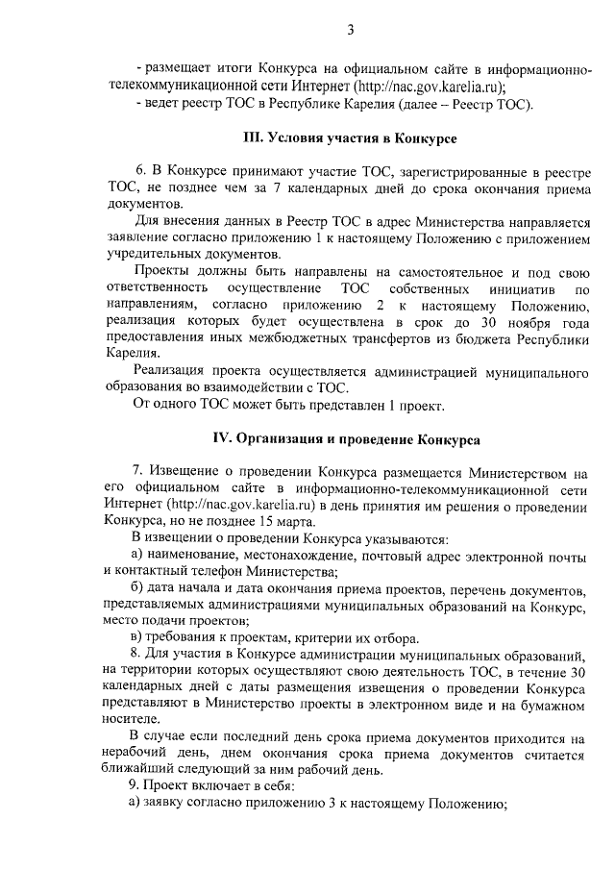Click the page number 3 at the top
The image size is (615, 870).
coord(352,31)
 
